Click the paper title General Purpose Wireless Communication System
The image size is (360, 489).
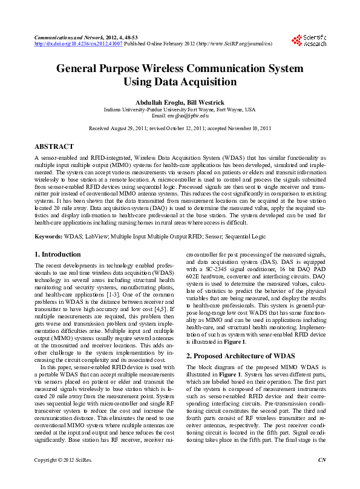(180, 68)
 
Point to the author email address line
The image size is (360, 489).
(180, 116)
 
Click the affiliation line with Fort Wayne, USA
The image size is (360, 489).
(180, 109)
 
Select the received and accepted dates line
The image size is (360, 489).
(180, 129)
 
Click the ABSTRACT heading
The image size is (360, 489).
(54, 146)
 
